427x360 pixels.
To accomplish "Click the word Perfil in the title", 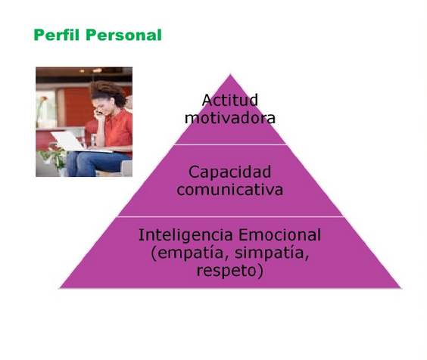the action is tap(58, 35).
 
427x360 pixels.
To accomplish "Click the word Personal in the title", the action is tap(124, 35).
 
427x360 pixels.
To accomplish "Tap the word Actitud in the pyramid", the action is tap(230, 100).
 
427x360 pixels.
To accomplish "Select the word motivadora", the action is tap(230, 118).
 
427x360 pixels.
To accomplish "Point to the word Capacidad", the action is tap(230, 172).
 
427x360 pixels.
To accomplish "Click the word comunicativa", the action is tap(230, 189).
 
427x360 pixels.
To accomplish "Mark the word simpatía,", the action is tap(272, 253).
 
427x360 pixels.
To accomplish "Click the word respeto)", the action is tap(230, 271).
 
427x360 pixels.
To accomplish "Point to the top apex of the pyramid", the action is tap(230, 73).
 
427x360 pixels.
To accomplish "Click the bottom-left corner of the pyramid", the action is tap(59, 288).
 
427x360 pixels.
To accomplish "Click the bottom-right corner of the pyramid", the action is tap(401, 288).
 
